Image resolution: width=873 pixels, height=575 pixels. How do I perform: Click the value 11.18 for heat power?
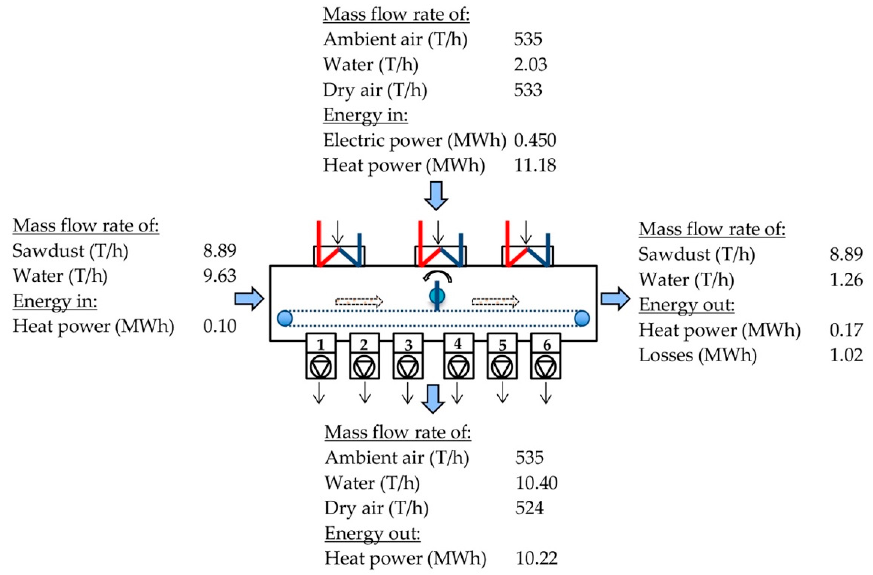(x=535, y=166)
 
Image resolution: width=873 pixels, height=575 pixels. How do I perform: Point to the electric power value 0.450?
(x=535, y=140)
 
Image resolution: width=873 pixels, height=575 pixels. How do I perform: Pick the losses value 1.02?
(x=846, y=355)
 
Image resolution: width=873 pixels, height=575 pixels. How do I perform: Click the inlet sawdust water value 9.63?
(x=220, y=276)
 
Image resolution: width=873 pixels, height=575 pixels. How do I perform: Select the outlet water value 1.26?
(x=846, y=280)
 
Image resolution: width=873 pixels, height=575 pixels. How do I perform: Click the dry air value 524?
(x=529, y=508)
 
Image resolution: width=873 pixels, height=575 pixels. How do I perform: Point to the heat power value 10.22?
(x=536, y=558)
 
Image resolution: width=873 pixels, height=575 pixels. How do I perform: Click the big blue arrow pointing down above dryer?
(x=436, y=196)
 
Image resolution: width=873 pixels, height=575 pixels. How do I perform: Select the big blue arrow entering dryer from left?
(x=249, y=299)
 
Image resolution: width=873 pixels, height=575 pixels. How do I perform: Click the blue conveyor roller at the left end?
(x=285, y=318)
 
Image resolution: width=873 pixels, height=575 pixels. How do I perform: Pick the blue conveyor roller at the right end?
(x=582, y=318)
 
